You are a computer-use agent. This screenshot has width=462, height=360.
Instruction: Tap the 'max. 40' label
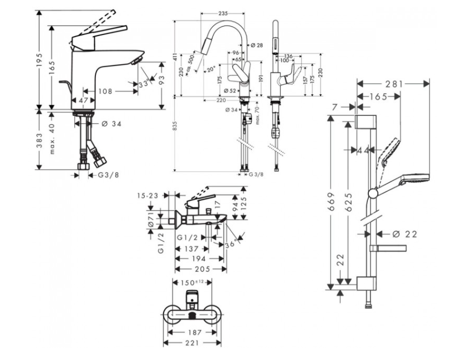point(52,140)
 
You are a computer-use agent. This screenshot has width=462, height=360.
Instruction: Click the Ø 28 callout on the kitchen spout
point(256,44)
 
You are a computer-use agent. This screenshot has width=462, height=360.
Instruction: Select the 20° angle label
point(210,70)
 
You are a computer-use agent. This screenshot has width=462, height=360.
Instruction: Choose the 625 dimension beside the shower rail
point(348,197)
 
